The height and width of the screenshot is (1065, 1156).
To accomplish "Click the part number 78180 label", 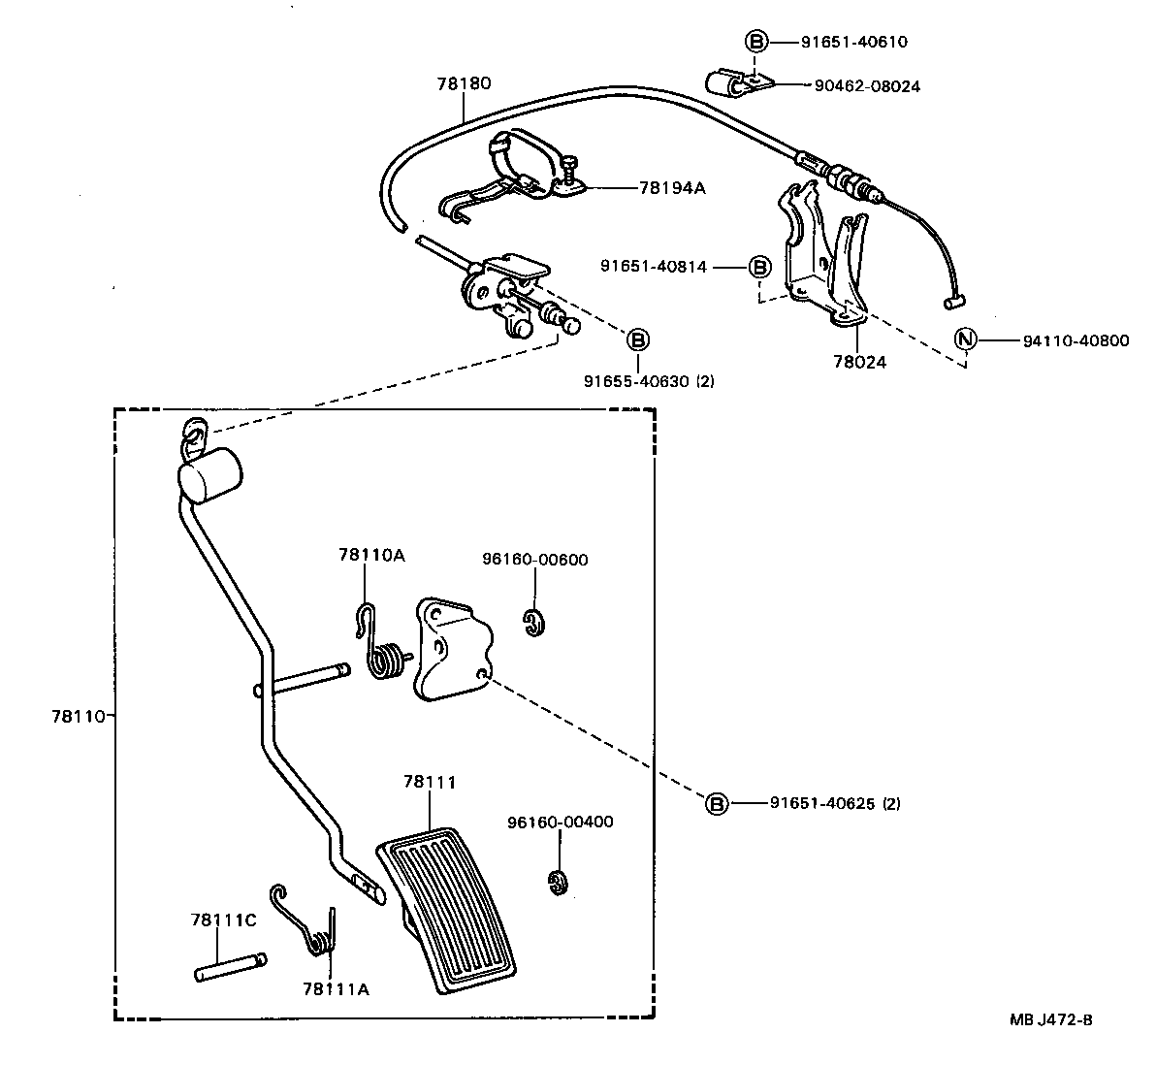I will [464, 83].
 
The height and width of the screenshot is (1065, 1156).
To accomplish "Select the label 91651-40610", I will [854, 42].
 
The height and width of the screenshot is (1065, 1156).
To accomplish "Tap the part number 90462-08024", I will [862, 86].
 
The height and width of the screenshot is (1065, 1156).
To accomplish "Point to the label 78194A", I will [672, 188].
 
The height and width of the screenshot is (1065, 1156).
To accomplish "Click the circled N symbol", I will [966, 340].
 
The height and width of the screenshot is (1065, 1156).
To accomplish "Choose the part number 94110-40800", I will [1076, 340].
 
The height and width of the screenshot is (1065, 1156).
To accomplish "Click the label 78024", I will [859, 363].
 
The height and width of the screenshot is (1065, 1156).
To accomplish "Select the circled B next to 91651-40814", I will [760, 267].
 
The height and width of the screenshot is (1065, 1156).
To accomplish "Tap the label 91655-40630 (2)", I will [649, 381].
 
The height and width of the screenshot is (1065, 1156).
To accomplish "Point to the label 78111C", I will [223, 920].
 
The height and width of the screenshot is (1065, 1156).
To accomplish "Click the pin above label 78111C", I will [230, 967].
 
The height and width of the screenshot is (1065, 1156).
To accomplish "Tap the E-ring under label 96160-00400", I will [557, 881].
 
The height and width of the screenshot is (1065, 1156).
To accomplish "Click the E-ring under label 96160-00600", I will [532, 624].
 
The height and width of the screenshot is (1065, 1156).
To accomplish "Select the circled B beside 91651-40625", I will [716, 804].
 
